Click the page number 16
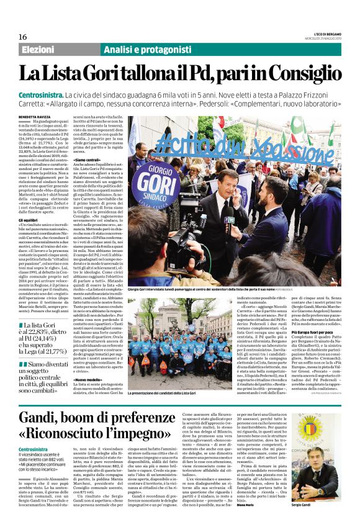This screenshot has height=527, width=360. pos(23,37)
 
